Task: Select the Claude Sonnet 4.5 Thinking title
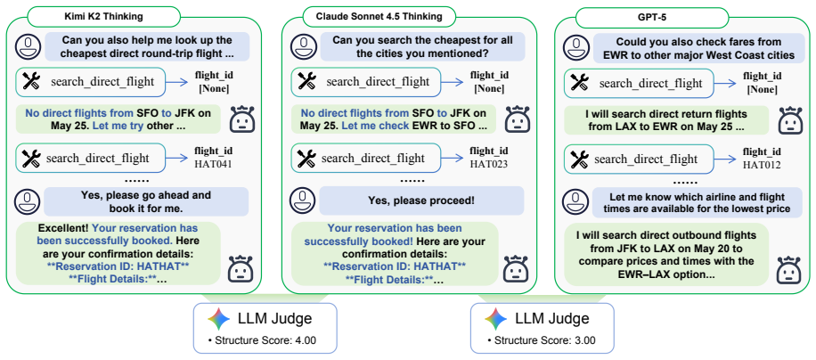pos(379,16)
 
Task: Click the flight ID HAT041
pos(214,164)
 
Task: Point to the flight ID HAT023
pos(489,164)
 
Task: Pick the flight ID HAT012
pos(762,164)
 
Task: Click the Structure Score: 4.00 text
pos(265,340)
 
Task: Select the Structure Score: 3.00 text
pos(542,340)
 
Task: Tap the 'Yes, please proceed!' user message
pos(421,200)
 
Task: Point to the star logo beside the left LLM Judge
pos(218,319)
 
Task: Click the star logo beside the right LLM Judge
pos(495,319)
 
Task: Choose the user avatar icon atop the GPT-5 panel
pos(576,48)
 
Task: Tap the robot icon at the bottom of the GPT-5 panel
pos(787,269)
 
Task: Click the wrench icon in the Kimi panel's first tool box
pos(31,82)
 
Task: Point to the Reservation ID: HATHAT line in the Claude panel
pos(395,266)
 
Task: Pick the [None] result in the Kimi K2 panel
pos(214,88)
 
